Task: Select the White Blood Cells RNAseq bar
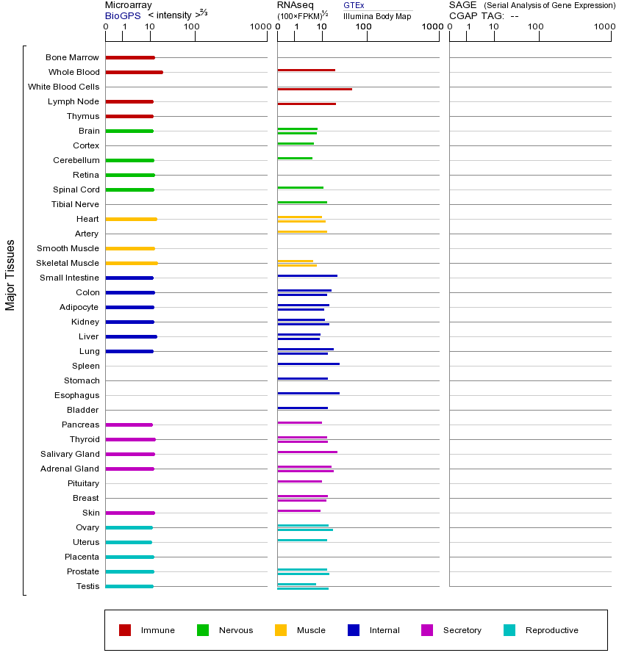315,89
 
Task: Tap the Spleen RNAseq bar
308,364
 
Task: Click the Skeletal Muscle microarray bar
131,263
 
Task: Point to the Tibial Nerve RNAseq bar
302,202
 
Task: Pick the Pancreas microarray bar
129,425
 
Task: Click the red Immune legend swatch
125,630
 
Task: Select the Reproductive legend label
551,630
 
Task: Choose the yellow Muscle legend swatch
281,630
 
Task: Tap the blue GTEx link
354,5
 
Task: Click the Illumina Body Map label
377,15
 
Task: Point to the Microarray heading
129,5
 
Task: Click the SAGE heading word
462,5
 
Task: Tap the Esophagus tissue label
76,395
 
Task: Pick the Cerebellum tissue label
76,160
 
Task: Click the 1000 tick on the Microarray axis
260,27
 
